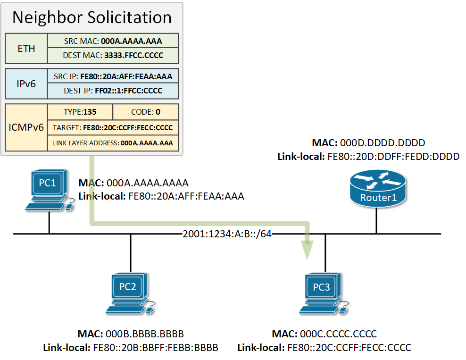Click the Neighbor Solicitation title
92,17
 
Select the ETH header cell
26,48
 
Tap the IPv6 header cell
26,84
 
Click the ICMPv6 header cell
26,127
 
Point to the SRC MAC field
113,41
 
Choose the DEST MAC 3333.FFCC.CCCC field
113,55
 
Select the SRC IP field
113,76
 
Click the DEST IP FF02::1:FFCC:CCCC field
113,91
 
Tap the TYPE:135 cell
80,112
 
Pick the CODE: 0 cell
146,112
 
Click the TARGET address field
113,127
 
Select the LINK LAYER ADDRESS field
113,143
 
